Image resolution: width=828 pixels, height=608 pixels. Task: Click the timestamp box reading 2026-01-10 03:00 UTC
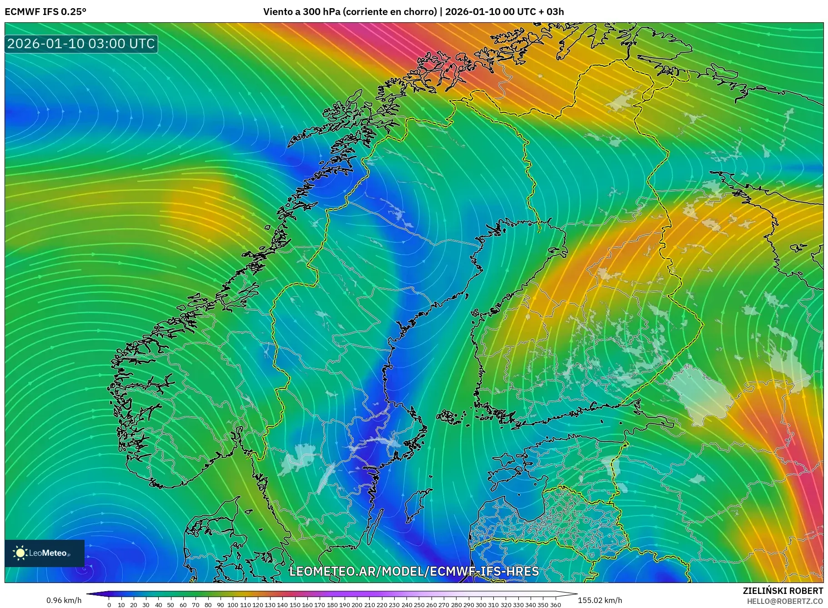(x=81, y=44)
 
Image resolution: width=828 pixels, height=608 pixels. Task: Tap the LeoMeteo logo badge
(x=45, y=553)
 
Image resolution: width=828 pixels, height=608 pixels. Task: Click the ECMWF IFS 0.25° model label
(x=45, y=11)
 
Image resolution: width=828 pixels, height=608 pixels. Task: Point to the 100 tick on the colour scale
(x=233, y=605)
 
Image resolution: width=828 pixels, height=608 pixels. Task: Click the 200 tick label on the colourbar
(x=357, y=605)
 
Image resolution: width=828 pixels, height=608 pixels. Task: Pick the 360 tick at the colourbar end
(x=555, y=605)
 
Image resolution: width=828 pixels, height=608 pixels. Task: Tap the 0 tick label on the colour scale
(x=109, y=605)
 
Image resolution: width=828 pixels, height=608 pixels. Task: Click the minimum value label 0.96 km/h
(x=64, y=600)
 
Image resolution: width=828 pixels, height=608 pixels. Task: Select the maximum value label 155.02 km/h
(x=600, y=600)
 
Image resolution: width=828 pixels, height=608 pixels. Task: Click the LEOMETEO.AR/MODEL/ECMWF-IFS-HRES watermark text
(x=414, y=571)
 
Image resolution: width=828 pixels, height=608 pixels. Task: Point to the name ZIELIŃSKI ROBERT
(x=783, y=591)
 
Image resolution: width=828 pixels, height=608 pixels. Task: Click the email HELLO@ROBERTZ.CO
(x=785, y=601)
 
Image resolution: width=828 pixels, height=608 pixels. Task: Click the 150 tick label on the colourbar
(x=295, y=605)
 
